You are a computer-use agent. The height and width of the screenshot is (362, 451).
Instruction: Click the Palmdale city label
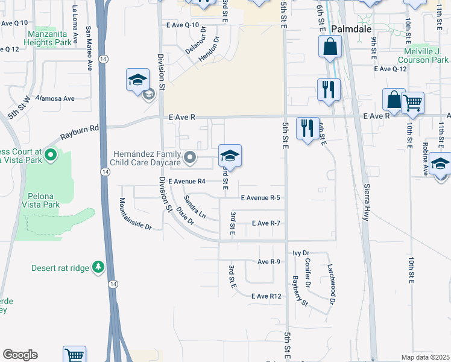tap(351, 29)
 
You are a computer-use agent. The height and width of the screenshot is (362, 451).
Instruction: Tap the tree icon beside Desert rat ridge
tap(98, 267)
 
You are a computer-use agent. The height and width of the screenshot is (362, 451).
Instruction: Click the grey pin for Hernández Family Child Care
tap(191, 158)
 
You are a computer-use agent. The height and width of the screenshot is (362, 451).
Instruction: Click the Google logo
tap(20, 355)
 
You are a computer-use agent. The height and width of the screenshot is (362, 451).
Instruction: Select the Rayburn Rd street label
tap(78, 130)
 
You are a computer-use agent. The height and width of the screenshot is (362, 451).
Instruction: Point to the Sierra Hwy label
tap(366, 200)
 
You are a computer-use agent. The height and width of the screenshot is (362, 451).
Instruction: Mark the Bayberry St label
tap(300, 291)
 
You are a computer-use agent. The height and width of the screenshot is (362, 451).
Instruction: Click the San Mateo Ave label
tap(89, 40)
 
